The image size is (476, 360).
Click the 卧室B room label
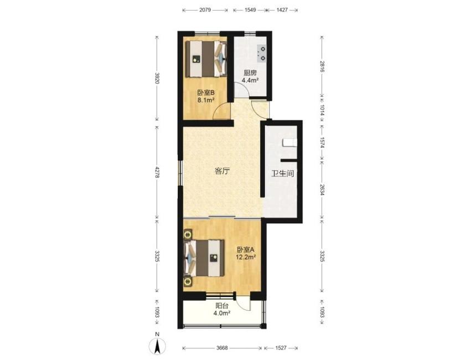tap(206, 92)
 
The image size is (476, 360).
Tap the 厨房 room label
tap(250, 73)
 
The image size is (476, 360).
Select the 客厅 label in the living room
tap(222, 171)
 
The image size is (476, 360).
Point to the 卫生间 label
tap(283, 174)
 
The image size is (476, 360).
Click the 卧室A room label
tap(246, 250)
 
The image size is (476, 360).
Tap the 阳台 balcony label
tap(222, 306)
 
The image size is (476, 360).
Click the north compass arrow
tap(157, 346)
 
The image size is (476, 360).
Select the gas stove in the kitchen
tap(262, 53)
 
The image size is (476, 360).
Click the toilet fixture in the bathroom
tap(289, 142)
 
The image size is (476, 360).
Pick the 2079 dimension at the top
tap(205, 10)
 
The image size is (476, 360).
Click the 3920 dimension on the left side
tap(157, 78)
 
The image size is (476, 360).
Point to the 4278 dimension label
tap(157, 172)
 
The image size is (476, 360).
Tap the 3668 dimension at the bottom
tap(222, 348)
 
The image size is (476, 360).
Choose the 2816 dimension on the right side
tap(322, 66)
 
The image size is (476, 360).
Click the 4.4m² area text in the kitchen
tap(250, 80)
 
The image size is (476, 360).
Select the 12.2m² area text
tap(246, 257)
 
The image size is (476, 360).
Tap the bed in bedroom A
tap(204, 258)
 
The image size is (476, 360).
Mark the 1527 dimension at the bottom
tap(281, 348)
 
